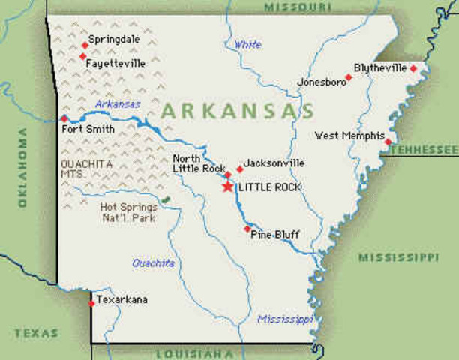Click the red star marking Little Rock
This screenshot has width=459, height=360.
(227, 186)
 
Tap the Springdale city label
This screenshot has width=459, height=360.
(112, 39)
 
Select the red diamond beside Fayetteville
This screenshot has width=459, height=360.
(82, 56)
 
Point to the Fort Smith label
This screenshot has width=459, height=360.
(88, 129)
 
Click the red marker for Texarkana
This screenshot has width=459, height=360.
(91, 303)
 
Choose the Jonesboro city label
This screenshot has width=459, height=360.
(319, 82)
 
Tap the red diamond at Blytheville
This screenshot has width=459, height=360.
(413, 68)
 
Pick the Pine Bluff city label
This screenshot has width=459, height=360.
(275, 235)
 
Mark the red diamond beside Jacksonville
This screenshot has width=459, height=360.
(240, 169)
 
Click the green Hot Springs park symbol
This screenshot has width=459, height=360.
(165, 200)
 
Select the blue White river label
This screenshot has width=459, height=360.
(247, 45)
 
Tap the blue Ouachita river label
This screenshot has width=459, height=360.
(153, 263)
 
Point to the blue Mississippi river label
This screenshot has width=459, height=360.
(285, 319)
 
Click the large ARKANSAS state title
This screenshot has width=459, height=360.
(238, 111)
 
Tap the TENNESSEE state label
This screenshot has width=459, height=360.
(424, 150)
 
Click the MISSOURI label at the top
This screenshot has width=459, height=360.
(297, 6)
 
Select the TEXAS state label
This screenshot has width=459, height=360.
(35, 331)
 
